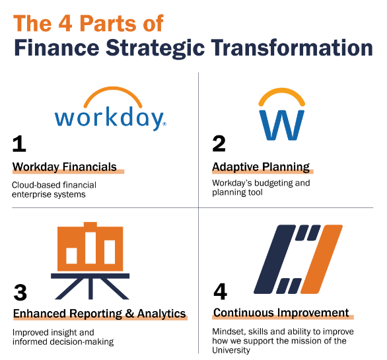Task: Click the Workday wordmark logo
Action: (x=110, y=109)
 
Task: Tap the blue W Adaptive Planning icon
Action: (x=281, y=114)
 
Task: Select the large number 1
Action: (x=19, y=144)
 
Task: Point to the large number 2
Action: (x=219, y=143)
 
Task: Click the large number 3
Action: (x=20, y=293)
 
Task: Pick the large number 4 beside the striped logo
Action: (x=220, y=291)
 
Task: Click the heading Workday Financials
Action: (x=65, y=167)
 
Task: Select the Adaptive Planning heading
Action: (x=261, y=167)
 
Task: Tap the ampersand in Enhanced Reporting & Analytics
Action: (x=129, y=313)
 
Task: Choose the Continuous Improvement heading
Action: (x=281, y=312)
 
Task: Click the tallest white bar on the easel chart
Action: (x=90, y=248)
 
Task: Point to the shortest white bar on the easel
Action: (x=71, y=256)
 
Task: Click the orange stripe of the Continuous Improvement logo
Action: (x=322, y=259)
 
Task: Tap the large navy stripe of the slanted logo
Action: (x=275, y=259)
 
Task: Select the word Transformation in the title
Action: (x=292, y=48)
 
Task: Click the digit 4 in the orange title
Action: (x=65, y=23)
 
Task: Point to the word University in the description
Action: (x=231, y=350)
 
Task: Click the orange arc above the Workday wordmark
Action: (x=113, y=96)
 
